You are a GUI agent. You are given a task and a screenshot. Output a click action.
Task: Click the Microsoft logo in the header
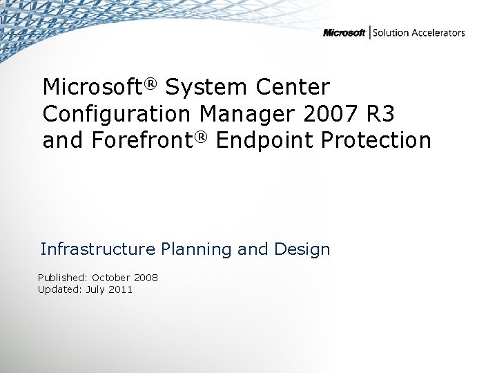tap(344, 33)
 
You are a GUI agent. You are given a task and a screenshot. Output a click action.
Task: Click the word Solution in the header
tap(391, 32)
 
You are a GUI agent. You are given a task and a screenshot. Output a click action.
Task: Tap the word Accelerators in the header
tap(438, 32)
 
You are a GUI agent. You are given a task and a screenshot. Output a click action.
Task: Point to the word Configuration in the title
tap(117, 114)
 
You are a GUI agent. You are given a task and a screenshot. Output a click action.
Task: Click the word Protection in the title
tap(376, 140)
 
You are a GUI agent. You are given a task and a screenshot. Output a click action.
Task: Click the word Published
tap(63, 278)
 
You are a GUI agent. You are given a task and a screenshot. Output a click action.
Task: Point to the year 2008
tap(146, 278)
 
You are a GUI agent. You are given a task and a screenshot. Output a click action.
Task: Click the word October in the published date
tap(112, 278)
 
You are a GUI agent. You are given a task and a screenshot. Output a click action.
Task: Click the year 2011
tap(121, 289)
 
